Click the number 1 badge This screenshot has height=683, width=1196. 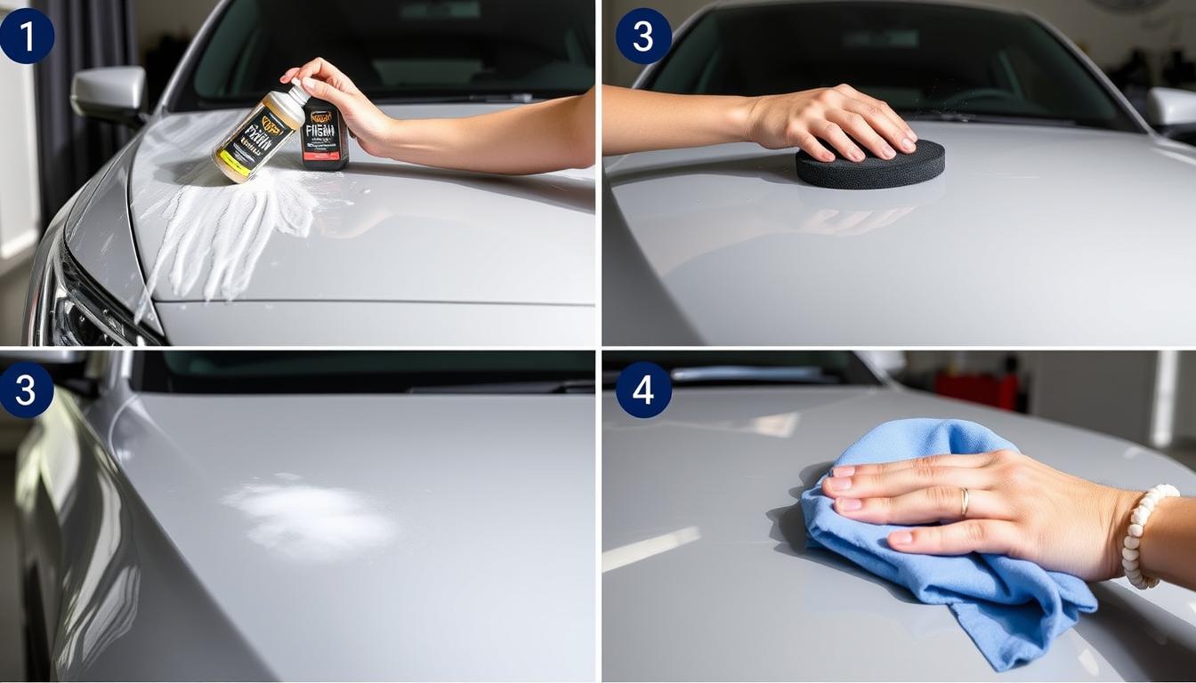pos(26,36)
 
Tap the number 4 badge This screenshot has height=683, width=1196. pos(643,390)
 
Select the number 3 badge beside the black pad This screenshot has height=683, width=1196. pos(643,36)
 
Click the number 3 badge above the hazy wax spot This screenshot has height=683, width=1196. pos(26,390)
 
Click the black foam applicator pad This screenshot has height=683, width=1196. pos(869,165)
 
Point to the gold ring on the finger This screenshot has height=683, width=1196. pos(964,502)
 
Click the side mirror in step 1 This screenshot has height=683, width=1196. pos(109,92)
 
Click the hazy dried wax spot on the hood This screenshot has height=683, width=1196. pos(307,516)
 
